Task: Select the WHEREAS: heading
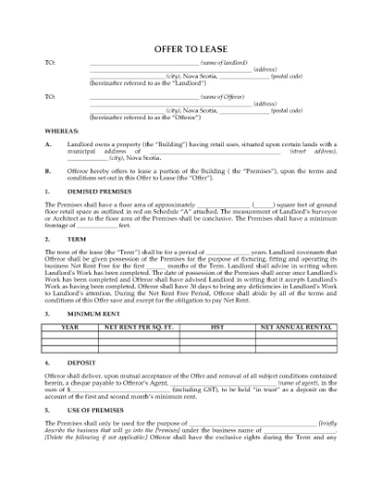tap(62, 129)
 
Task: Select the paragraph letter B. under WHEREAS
tap(48, 169)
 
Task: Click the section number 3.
tap(48, 315)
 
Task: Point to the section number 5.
tap(48, 411)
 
